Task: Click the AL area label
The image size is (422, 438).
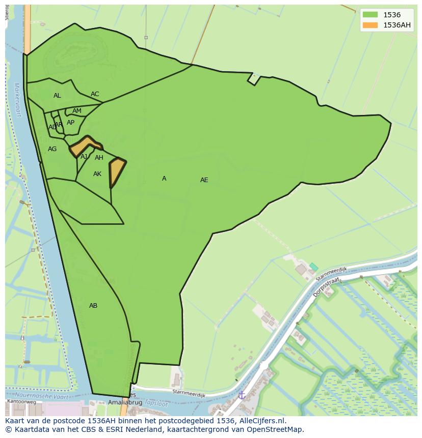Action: [x=57, y=96]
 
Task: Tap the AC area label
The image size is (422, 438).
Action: [x=95, y=94]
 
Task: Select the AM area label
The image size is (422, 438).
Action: [x=77, y=111]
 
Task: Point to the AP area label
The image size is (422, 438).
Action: [x=70, y=123]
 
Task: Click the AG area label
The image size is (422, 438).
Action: [x=52, y=149]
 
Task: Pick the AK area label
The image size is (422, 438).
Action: [x=97, y=174]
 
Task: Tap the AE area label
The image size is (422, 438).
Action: [x=204, y=180]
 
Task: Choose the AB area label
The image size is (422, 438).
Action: [x=93, y=306]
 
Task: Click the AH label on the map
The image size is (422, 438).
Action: [x=99, y=158]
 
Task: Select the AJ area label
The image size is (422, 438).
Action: [x=84, y=157]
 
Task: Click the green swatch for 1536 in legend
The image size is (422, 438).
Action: [x=371, y=15]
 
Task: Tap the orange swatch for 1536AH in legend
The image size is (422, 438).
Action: [x=371, y=25]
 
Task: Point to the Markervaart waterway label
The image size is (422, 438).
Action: [x=18, y=100]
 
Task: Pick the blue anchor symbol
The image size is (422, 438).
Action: [x=242, y=395]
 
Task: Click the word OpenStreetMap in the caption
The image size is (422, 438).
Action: [x=277, y=429]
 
